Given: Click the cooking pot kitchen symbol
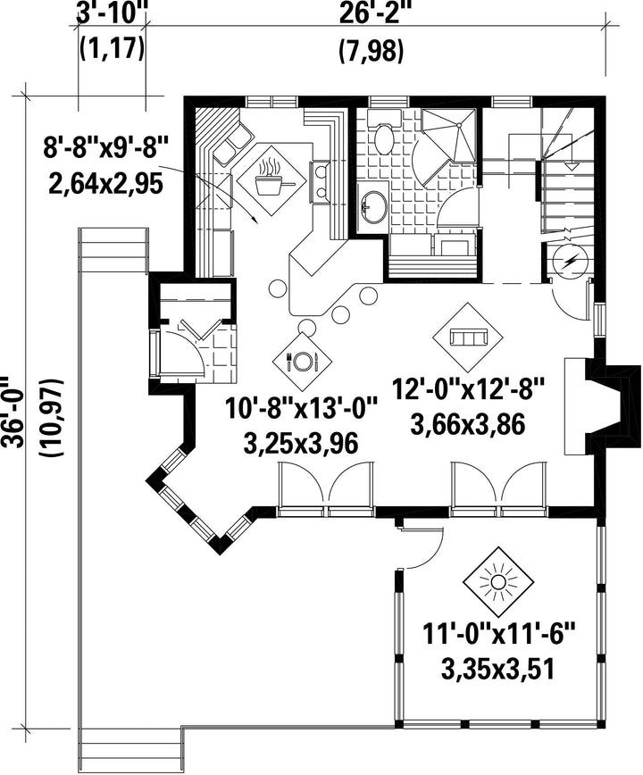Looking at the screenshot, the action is point(271,180).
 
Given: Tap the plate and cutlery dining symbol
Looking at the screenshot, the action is point(301,361).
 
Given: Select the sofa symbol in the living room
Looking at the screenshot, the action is point(468,337).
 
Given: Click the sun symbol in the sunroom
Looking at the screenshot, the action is point(497,581).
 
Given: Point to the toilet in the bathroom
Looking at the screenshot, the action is point(383,133).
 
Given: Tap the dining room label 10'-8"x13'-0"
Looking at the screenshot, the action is point(302,409).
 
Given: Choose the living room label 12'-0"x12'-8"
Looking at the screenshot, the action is point(468,389).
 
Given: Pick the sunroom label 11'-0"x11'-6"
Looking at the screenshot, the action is point(499,634).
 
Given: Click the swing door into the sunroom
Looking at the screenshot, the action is point(423,547).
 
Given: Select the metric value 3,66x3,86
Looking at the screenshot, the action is point(467,424).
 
